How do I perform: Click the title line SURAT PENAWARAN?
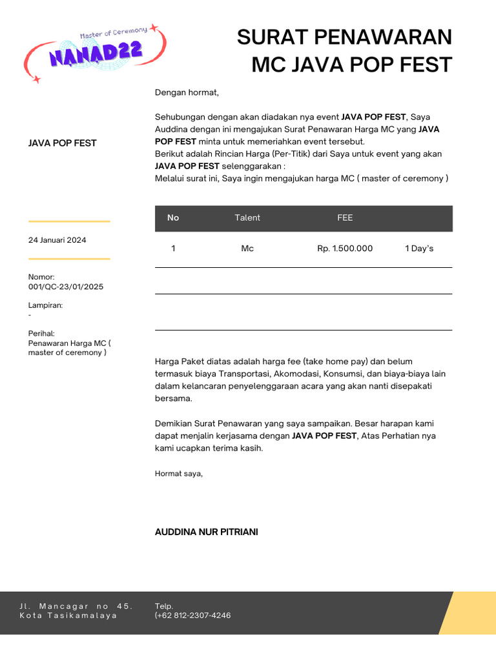pyautogui.click(x=344, y=37)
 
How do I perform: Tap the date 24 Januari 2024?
pyautogui.click(x=57, y=240)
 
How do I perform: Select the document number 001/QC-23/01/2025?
pyautogui.click(x=66, y=287)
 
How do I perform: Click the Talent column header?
pyautogui.click(x=247, y=218)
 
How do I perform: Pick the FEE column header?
pyautogui.click(x=345, y=218)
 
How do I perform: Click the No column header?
pyautogui.click(x=173, y=218)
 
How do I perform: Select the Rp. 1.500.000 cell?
pyautogui.click(x=345, y=249)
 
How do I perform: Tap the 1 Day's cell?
pyautogui.click(x=419, y=249)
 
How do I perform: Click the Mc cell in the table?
pyautogui.click(x=247, y=249)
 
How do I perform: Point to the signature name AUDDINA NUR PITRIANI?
pyautogui.click(x=207, y=532)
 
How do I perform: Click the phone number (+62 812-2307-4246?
pyautogui.click(x=193, y=616)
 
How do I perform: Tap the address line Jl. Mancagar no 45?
pyautogui.click(x=76, y=606)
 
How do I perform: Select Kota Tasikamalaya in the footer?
pyautogui.click(x=68, y=616)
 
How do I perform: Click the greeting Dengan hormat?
pyautogui.click(x=187, y=93)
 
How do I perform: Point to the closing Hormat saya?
pyautogui.click(x=179, y=474)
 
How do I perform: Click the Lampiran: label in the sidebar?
pyautogui.click(x=46, y=305)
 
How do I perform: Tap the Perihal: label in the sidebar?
pyautogui.click(x=42, y=334)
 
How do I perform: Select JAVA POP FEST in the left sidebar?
pyautogui.click(x=63, y=143)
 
